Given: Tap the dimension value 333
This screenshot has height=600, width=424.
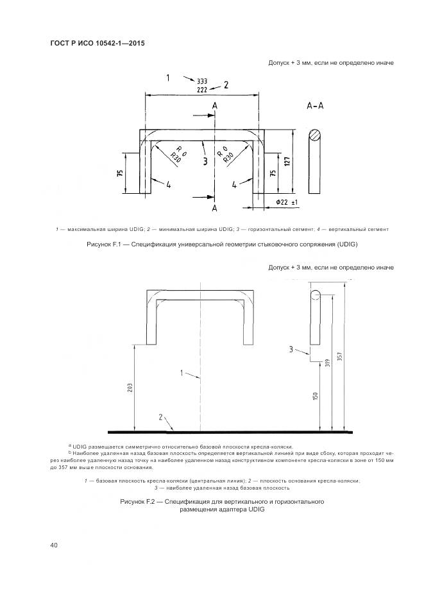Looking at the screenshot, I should click(x=201, y=81).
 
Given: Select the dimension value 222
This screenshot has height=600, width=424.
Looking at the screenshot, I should click(x=201, y=90).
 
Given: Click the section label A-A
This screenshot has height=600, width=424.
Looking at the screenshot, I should click(x=315, y=107).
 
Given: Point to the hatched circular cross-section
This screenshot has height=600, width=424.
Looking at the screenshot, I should click(x=314, y=135).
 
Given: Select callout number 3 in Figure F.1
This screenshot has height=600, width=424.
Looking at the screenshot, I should click(x=205, y=162).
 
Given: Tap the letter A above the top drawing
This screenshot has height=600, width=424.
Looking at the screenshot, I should click(x=215, y=105).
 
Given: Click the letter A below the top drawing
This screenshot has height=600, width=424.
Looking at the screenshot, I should click(x=215, y=209).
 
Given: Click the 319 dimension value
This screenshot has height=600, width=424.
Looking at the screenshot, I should click(x=328, y=363).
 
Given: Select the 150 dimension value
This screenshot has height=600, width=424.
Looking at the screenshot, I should click(x=316, y=396).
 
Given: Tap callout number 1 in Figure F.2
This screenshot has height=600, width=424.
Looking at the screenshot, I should click(x=182, y=372).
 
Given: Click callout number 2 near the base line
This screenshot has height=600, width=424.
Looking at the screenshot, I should click(x=160, y=417).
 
